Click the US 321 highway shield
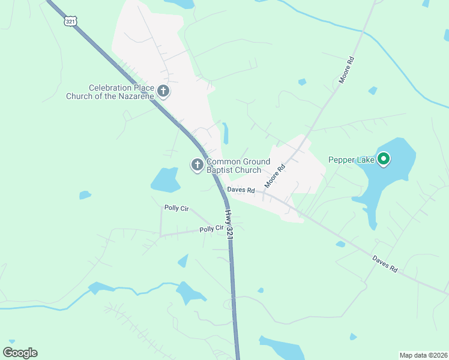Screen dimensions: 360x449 click(x=70, y=20)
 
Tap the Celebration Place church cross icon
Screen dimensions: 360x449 click(x=163, y=91)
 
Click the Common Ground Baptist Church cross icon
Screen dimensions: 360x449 click(x=197, y=164)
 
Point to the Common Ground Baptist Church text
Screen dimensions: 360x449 click(x=238, y=166)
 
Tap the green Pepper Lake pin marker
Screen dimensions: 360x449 click(x=384, y=159)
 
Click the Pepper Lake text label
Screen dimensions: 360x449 click(x=351, y=160)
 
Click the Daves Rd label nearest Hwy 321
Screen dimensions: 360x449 click(x=241, y=190)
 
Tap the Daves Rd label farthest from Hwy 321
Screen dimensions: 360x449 click(x=385, y=265)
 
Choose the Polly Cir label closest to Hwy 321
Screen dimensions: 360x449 click(x=211, y=229)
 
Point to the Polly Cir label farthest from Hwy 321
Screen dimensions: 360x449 click(x=176, y=208)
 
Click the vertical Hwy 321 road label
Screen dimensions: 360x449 click(x=229, y=225)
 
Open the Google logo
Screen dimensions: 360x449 click(x=20, y=353)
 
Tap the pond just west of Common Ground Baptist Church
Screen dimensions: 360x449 click(x=165, y=178)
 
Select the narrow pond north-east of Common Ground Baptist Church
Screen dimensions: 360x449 click(x=225, y=133)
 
